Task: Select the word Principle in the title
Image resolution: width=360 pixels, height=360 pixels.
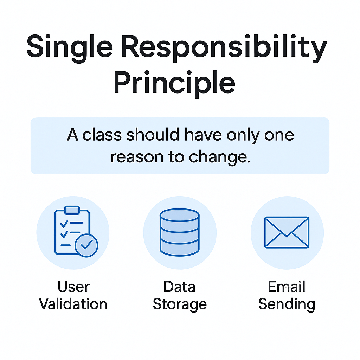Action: (174, 83)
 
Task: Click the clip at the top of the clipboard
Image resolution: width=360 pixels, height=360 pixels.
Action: (72, 210)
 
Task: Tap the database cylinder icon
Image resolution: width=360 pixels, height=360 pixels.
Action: (179, 232)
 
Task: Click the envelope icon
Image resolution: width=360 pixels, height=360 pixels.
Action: (287, 232)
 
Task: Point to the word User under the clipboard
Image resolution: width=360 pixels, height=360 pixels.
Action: (73, 287)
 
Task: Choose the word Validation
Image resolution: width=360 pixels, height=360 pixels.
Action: (73, 304)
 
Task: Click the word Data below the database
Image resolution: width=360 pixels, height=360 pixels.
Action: (179, 287)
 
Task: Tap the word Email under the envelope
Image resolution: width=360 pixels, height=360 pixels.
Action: (287, 287)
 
